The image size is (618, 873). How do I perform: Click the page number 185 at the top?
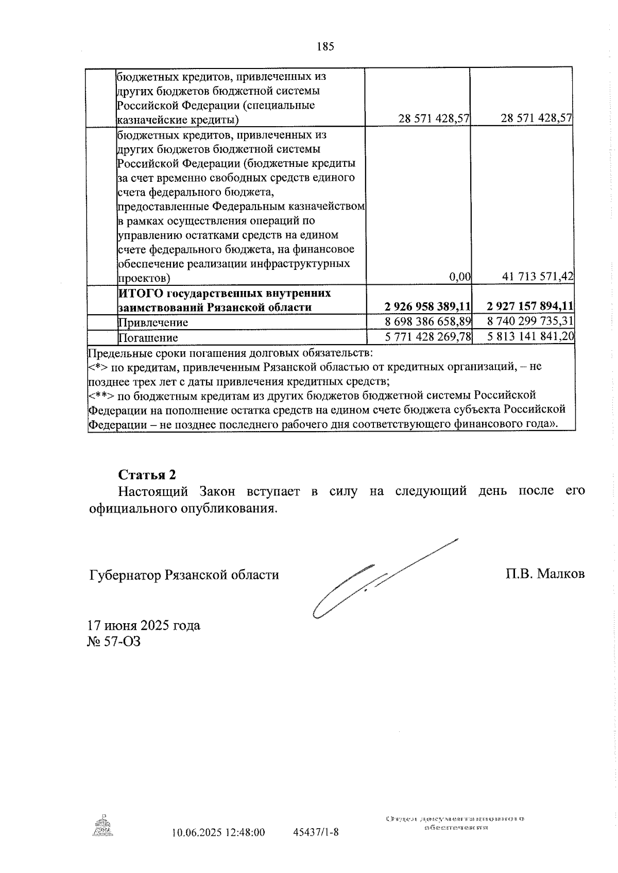325,47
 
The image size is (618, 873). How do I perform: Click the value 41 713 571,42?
538,277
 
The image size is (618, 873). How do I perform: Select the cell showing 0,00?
460,277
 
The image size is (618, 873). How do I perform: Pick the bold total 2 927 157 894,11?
530,307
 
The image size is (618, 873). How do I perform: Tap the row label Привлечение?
153,322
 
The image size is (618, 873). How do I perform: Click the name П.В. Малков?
545,574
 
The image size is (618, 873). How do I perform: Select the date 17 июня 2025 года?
144,625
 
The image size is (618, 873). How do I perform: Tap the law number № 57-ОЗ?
114,642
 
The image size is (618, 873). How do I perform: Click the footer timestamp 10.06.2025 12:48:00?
218,832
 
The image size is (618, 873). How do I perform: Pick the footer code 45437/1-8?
315,832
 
